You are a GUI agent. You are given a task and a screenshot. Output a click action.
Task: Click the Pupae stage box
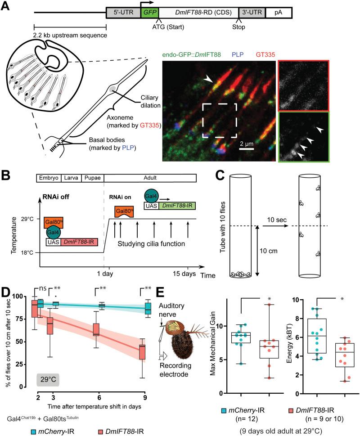pos(92,179)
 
